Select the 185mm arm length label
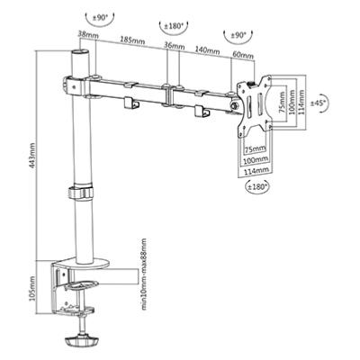pyautogui.click(x=132, y=40)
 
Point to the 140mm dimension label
pyautogui.click(x=208, y=50)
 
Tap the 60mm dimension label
pyautogui.click(x=243, y=55)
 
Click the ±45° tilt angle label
pyautogui.click(x=318, y=103)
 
